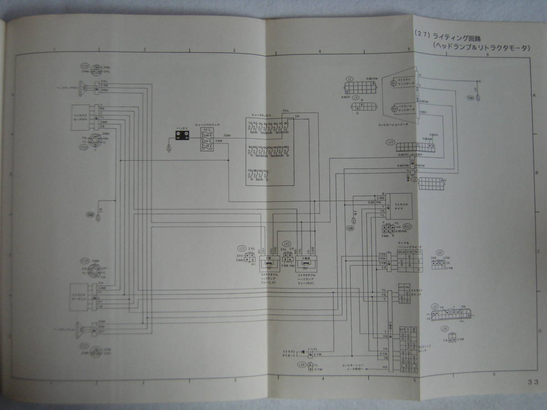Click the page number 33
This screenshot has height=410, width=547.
[533, 382]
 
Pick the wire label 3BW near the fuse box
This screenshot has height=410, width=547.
[227, 136]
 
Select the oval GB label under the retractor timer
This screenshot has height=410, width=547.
[351, 228]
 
